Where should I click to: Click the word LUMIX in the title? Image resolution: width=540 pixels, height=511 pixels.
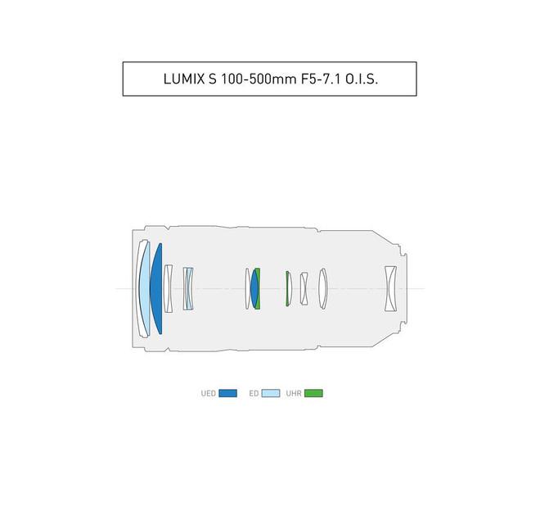pyautogui.click(x=184, y=79)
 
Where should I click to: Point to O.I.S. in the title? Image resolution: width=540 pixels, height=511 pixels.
pyautogui.click(x=362, y=79)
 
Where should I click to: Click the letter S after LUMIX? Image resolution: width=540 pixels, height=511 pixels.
pyautogui.click(x=212, y=79)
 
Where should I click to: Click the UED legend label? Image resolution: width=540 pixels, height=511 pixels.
pyautogui.click(x=209, y=393)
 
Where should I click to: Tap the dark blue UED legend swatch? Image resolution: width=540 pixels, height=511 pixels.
pyautogui.click(x=228, y=393)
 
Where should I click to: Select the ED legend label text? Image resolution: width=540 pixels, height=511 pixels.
pyautogui.click(x=254, y=393)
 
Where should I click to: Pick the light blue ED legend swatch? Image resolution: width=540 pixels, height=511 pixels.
pyautogui.click(x=271, y=393)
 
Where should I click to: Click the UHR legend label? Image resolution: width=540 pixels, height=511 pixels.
pyautogui.click(x=294, y=393)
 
